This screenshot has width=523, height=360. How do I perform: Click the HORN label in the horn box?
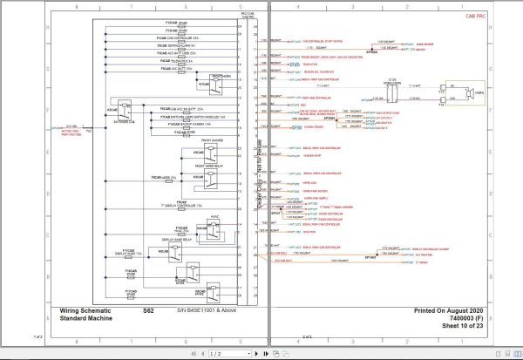point(478,92)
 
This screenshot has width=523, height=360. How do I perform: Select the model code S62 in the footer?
point(148,309)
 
